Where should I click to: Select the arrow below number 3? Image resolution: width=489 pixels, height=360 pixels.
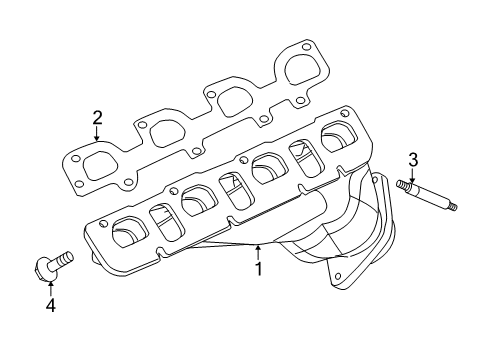pyautogui.click(x=411, y=177)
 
